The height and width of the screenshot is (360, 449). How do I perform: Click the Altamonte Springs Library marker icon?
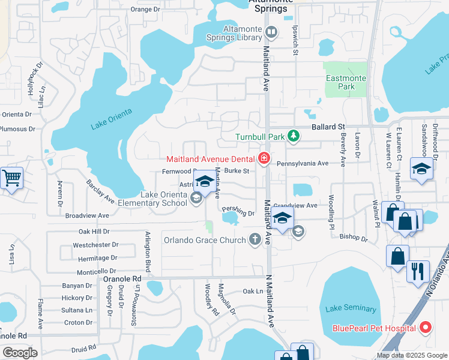click(271, 32)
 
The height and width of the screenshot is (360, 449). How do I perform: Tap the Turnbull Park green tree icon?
click(293, 137)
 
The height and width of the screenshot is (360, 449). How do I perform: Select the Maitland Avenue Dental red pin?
click(263, 158)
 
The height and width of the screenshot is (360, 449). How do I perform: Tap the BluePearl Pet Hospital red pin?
click(426, 328)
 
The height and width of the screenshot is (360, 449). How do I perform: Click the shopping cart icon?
click(11, 178)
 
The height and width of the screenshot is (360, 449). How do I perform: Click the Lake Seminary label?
click(351, 309)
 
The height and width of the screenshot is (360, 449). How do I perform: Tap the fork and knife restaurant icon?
click(418, 270)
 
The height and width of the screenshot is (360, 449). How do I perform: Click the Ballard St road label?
click(327, 127)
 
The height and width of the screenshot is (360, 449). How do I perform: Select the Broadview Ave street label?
click(87, 215)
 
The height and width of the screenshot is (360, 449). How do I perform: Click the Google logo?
click(20, 353)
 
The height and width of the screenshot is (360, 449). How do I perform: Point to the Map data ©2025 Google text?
click(411, 355)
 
